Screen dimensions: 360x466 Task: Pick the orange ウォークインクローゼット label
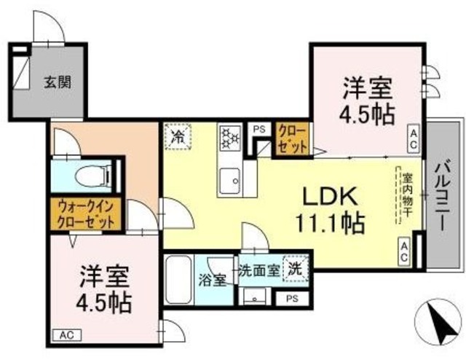click(x=83, y=214)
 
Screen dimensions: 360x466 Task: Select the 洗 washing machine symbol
click(x=296, y=267)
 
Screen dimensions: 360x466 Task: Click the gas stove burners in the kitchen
click(x=230, y=136)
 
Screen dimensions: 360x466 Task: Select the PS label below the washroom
click(x=292, y=298)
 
